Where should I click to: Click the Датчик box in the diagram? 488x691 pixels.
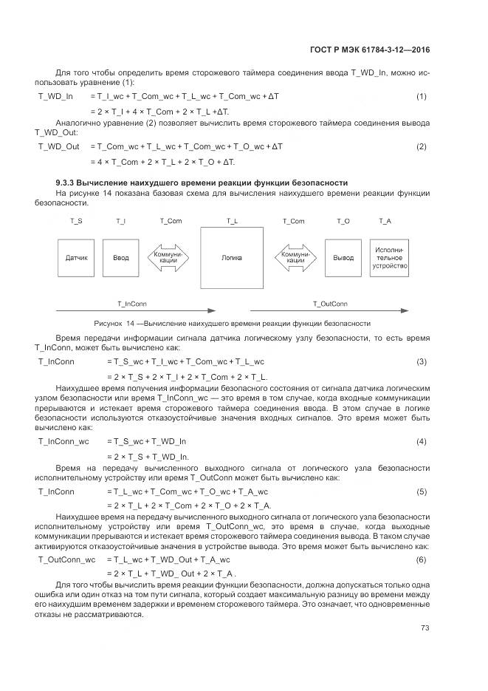(77, 258)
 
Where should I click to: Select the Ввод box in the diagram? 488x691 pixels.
(120, 258)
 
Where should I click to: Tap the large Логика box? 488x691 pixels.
(231, 258)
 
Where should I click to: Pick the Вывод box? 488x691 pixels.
(343, 258)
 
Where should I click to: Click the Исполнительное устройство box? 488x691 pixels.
(390, 258)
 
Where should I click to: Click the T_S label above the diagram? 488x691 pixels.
(76, 221)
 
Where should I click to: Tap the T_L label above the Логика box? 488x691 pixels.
(231, 221)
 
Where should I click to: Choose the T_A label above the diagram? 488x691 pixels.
(385, 221)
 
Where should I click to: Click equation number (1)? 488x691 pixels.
(422, 96)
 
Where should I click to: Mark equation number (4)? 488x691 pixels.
(422, 441)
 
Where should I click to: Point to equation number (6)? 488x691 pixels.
(422, 559)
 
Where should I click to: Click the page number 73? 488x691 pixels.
(425, 628)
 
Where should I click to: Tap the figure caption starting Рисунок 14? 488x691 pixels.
(232, 324)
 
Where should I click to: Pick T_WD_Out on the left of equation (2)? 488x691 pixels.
(58, 146)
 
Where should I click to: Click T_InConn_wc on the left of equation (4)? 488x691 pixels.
(63, 441)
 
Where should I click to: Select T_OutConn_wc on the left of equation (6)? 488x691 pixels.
(66, 559)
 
